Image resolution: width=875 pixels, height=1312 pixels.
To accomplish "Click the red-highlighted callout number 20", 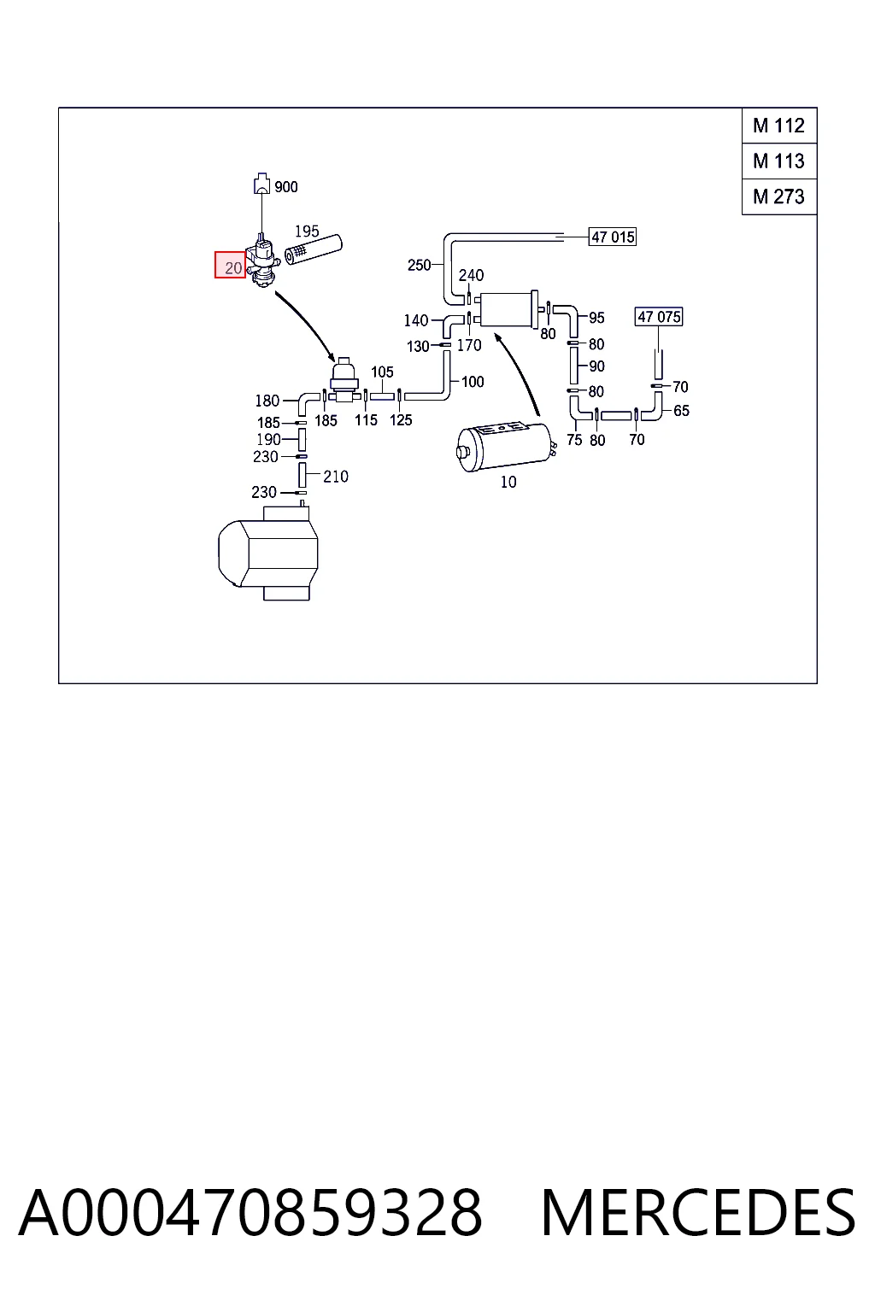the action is (230, 265).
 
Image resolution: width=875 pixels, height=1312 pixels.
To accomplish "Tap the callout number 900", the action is (286, 187).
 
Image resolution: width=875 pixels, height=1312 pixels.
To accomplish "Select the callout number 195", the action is (307, 231).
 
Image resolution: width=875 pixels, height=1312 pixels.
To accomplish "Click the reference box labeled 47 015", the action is (613, 237).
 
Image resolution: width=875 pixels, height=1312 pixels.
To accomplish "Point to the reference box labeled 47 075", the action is (659, 317).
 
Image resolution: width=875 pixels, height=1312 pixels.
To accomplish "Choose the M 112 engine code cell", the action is (779, 126).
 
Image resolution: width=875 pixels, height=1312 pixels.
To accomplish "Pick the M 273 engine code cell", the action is (779, 196).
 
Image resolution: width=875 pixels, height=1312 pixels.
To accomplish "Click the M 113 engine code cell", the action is (779, 161).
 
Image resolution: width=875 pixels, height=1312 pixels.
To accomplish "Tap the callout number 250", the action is (419, 266).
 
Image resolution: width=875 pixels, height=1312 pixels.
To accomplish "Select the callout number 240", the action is (471, 275).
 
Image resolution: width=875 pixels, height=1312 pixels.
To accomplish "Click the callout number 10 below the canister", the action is (508, 482).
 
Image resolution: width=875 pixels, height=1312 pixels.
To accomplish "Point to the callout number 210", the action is (336, 477).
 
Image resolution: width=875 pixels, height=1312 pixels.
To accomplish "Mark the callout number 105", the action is (382, 372).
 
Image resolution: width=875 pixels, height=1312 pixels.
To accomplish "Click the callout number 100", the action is (473, 382).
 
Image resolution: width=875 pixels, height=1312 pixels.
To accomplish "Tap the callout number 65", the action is (681, 411).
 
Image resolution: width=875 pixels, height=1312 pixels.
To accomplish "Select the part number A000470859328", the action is (250, 1212).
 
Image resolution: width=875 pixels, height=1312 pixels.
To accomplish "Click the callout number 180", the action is (267, 401).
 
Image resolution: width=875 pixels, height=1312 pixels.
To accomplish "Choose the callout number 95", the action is (596, 318).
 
